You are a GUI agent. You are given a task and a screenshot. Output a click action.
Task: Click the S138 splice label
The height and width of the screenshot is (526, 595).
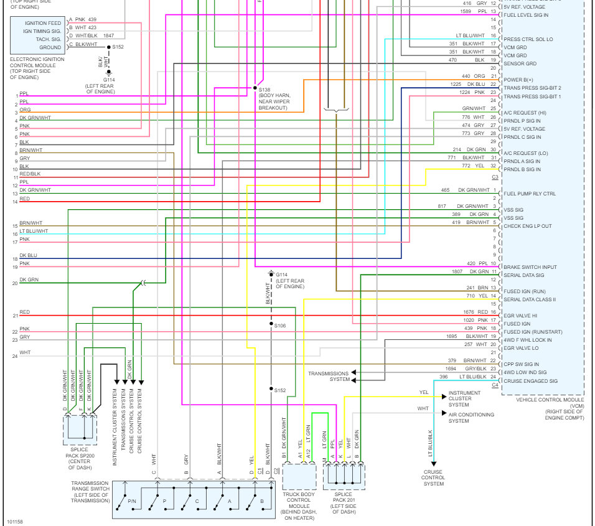pos(265,89)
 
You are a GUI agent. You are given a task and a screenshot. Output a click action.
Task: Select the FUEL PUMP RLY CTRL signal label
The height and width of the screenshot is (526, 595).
pos(529,194)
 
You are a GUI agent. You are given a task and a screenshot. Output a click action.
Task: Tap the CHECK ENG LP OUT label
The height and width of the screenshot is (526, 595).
pos(527,226)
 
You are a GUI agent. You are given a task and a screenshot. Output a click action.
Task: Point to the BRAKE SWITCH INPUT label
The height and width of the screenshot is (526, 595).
pos(529,267)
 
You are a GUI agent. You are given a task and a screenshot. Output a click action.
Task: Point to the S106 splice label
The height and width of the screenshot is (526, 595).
pos(280,326)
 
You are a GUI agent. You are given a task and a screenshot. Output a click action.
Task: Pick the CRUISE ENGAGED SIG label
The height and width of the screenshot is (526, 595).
pos(531,381)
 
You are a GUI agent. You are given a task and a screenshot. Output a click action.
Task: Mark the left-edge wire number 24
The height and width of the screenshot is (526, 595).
pos(14,356)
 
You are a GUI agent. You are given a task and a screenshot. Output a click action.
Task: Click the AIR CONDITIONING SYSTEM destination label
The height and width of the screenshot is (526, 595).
pos(471,418)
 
